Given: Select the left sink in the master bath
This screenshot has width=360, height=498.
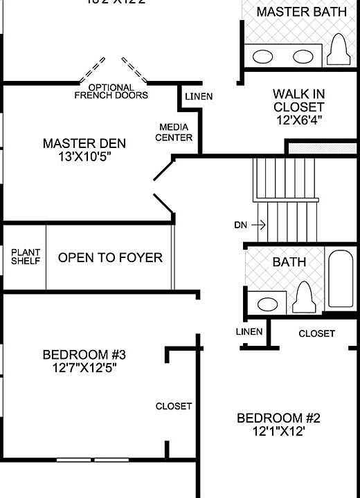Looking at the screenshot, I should click(x=264, y=57).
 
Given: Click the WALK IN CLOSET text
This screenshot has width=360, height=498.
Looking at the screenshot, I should click(x=298, y=100).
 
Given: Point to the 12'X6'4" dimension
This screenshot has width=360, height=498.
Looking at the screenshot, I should click(x=298, y=120).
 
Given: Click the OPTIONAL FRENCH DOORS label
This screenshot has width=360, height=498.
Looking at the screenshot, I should click(x=111, y=92).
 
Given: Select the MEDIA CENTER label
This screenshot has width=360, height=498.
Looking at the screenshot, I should click(x=174, y=132).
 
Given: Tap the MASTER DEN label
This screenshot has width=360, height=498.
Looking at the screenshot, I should click(x=84, y=144).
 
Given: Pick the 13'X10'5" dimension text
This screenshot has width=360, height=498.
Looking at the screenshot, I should click(x=84, y=157).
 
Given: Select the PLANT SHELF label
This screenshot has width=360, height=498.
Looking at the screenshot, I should click(x=26, y=257).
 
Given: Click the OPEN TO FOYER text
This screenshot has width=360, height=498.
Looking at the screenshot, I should click(x=110, y=258).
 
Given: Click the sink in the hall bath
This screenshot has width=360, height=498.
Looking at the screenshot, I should click(x=267, y=303).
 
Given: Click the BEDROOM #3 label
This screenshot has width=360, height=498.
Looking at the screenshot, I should click(x=84, y=355).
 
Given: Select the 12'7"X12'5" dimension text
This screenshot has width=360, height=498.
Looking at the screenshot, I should click(x=84, y=368).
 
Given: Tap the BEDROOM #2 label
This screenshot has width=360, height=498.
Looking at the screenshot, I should click(x=278, y=418).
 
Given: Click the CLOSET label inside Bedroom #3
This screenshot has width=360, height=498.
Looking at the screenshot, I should click(x=174, y=406).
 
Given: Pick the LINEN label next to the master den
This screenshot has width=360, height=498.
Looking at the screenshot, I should click(x=199, y=96).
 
